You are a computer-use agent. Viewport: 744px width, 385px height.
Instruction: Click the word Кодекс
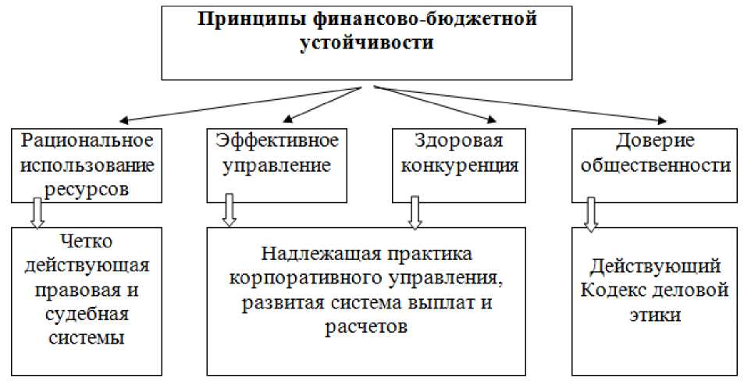(615, 291)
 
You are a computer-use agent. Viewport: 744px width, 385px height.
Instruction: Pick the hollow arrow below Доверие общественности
(592, 213)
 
